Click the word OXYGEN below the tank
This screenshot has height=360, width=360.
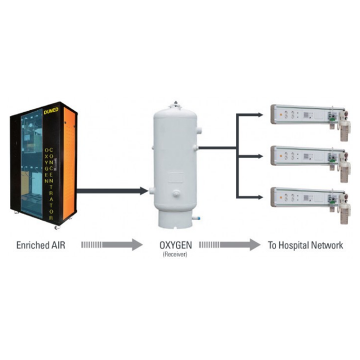click(175, 246)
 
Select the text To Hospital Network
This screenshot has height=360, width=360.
click(305, 246)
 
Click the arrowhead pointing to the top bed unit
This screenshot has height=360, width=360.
click(260, 115)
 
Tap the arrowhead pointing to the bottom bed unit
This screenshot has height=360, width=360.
click(260, 197)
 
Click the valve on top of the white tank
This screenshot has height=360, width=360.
click(175, 104)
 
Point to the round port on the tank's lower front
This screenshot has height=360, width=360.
click(176, 194)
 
